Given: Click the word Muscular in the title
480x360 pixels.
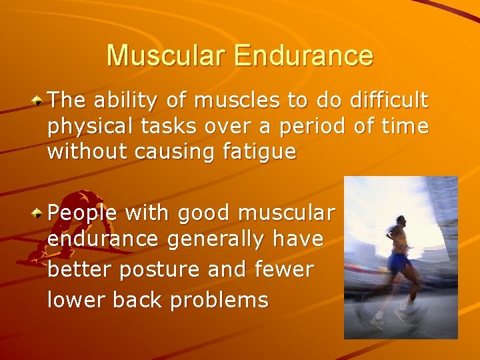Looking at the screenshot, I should pos(167,55).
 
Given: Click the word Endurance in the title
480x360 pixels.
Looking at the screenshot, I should pos(303,55).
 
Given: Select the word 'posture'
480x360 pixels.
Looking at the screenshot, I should pos(164,270).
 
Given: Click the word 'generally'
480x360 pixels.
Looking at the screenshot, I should pos(213,239).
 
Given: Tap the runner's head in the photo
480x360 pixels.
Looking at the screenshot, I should pos(400,221).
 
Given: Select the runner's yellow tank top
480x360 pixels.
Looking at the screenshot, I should pos(400,243).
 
